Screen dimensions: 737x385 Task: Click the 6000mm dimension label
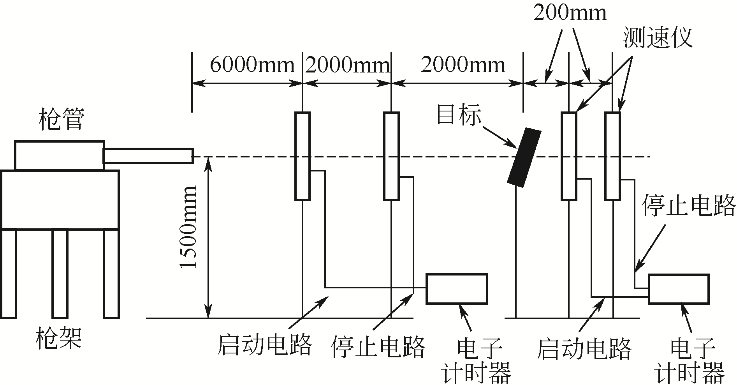click(252, 65)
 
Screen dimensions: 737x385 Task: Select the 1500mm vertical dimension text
click(189, 227)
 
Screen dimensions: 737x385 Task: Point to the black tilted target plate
click(524, 156)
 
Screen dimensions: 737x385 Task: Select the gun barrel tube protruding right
click(148, 156)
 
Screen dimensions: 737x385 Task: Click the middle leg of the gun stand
click(60, 274)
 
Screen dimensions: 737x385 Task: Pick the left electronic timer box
click(457, 289)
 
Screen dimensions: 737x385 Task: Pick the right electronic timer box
click(678, 289)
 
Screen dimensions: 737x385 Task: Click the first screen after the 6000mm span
click(303, 156)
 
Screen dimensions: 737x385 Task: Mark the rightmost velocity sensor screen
click(613, 156)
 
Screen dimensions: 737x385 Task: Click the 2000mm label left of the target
click(463, 65)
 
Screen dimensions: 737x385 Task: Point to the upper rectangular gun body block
click(60, 155)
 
